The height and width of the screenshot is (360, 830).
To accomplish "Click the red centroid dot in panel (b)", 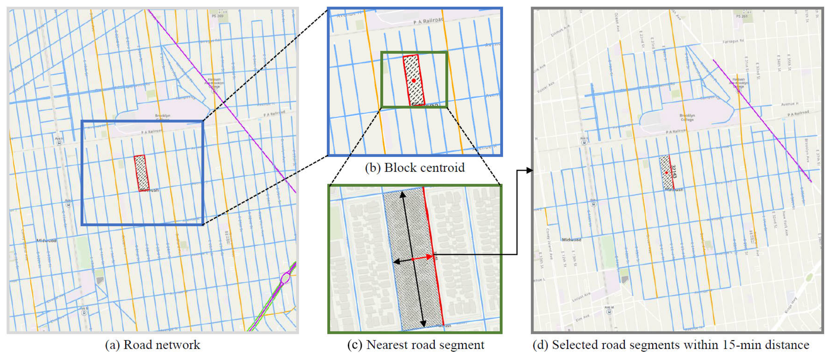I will click(x=413, y=80).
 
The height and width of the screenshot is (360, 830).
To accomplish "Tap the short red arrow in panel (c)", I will click(x=423, y=258).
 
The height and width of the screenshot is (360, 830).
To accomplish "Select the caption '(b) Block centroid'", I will click(x=415, y=167).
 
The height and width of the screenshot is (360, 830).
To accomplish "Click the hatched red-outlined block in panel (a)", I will click(x=142, y=173).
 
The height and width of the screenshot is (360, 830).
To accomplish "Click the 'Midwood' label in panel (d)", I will click(x=571, y=240).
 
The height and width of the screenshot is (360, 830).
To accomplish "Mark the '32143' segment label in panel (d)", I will click(x=674, y=172).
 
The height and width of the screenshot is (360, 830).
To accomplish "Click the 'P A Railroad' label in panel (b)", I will click(x=429, y=21).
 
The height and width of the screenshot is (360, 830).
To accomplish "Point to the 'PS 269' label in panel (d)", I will click(x=742, y=16).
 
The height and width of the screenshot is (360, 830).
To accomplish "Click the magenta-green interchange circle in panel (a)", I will click(x=285, y=278).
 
